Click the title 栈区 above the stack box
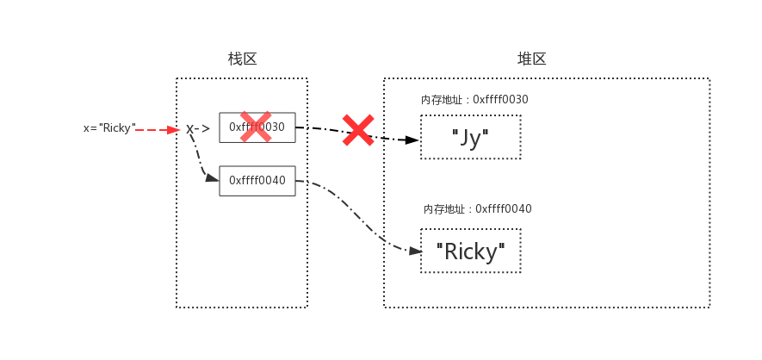[242, 59]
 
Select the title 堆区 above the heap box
[531, 59]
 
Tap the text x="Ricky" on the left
[109, 128]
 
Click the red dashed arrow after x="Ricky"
[155, 130]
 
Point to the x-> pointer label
[198, 129]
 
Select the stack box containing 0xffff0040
[257, 181]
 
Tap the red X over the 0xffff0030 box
[256, 127]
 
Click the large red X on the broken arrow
[358, 130]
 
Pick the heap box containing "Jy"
[470, 137]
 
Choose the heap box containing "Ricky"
[470, 251]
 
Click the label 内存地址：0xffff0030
[474, 100]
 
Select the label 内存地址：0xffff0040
[477, 209]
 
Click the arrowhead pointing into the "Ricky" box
[415, 251]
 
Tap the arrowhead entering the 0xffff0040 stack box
[212, 178]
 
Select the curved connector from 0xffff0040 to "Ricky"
[362, 215]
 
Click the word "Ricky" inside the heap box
[470, 251]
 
